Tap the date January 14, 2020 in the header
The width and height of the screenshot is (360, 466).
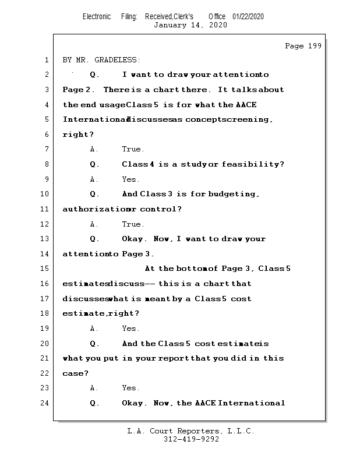point(190,25)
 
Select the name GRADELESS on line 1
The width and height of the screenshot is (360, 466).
point(120,60)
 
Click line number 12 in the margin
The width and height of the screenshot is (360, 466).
point(45,224)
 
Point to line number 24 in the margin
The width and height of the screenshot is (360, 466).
point(45,403)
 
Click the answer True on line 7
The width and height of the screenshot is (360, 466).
point(133,150)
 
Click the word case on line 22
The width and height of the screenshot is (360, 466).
point(73,373)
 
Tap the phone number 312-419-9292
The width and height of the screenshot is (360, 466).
point(191,440)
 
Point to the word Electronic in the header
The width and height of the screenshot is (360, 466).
point(97,16)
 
